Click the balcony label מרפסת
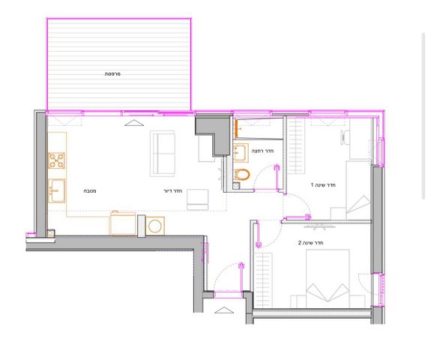click(112, 74)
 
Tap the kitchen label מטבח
click(90, 191)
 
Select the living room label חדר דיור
click(173, 190)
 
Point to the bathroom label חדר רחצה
click(262, 151)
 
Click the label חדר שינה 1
click(323, 185)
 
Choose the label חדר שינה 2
click(310, 242)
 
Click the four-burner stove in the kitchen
click(56, 160)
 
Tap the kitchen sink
click(56, 191)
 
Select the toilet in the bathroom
click(241, 175)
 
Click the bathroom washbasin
click(241, 153)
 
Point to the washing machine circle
click(155, 226)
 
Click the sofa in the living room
click(163, 154)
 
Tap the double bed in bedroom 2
click(328, 278)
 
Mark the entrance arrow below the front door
click(224, 310)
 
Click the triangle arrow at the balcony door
click(134, 123)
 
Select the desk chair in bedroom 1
click(345, 138)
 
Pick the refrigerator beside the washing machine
click(123, 223)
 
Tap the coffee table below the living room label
click(198, 199)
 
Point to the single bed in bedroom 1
click(358, 190)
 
